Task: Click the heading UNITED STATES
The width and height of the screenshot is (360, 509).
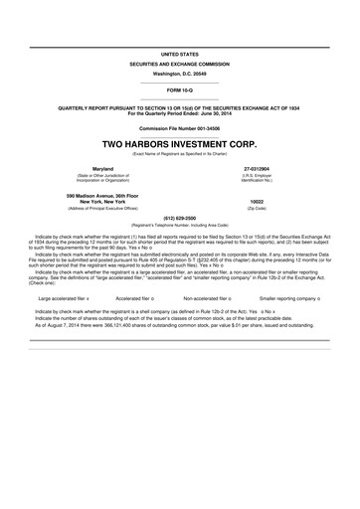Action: pos(180,51)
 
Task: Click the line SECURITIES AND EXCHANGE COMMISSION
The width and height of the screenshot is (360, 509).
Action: pos(180,63)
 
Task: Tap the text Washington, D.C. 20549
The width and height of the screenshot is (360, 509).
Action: pos(180,75)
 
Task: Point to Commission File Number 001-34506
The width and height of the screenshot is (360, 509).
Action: pos(180,128)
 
